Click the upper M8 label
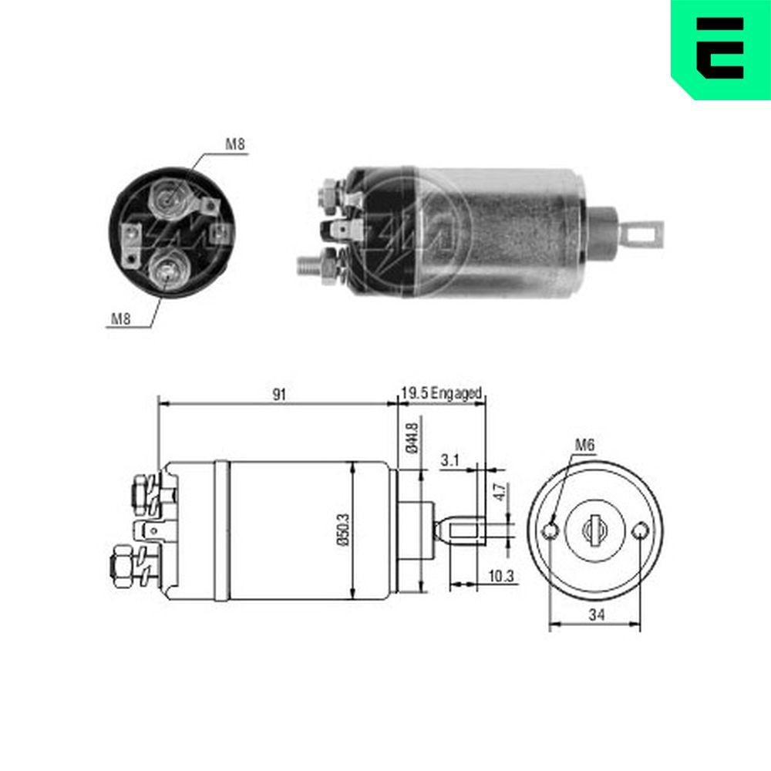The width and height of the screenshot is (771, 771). pyautogui.click(x=235, y=144)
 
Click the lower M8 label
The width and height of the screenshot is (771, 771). pyautogui.click(x=120, y=318)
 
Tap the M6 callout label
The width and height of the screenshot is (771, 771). pyautogui.click(x=584, y=444)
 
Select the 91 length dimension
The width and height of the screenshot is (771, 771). pyautogui.click(x=278, y=394)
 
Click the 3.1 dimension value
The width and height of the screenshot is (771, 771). pyautogui.click(x=450, y=460)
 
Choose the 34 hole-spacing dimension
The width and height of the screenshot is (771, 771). pyautogui.click(x=594, y=614)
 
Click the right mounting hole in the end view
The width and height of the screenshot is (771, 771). pyautogui.click(x=639, y=531)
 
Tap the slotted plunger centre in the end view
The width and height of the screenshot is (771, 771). pyautogui.click(x=594, y=530)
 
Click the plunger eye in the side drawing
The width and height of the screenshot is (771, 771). pyautogui.click(x=466, y=530)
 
